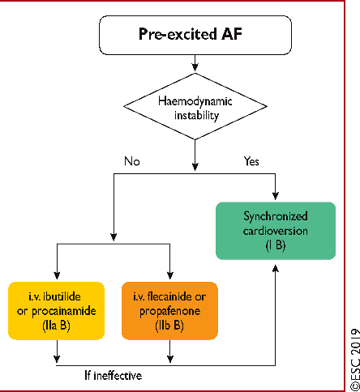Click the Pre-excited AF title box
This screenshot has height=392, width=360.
(x=195, y=35)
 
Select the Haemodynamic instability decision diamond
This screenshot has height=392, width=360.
(x=195, y=106)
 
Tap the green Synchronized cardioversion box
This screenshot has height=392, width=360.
(x=276, y=231)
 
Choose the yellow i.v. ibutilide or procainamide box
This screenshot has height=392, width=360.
(x=57, y=311)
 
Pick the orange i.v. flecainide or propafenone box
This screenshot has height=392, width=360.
(x=169, y=311)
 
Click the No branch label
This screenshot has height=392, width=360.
(x=132, y=161)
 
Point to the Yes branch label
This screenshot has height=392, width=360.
(x=251, y=161)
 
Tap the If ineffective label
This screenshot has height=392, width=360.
(x=114, y=376)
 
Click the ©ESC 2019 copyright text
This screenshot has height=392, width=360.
(x=354, y=359)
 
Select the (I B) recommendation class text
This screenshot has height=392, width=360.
(x=276, y=245)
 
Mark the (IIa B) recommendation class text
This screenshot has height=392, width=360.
(x=56, y=326)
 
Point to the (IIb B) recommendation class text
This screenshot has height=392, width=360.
(x=169, y=326)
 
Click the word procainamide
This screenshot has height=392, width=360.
(x=64, y=312)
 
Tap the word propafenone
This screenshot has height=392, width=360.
(x=170, y=312)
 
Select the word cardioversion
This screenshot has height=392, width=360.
(x=276, y=231)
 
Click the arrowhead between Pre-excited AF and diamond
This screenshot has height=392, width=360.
(x=195, y=66)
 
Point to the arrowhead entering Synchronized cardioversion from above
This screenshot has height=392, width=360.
(x=276, y=195)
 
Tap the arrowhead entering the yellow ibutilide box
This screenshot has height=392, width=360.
(x=57, y=275)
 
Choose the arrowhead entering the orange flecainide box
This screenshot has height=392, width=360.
(x=170, y=275)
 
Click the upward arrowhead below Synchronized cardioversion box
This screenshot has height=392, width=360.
(x=276, y=269)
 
